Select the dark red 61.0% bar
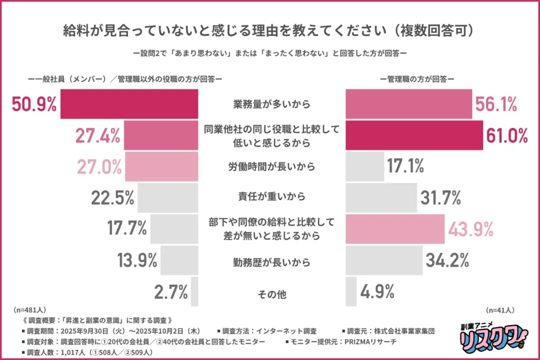pos(413,136)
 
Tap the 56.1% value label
pos(495,104)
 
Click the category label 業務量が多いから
pos(272,104)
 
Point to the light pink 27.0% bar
pos(161,167)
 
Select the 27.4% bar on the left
pos(161,136)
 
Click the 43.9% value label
pos(470,229)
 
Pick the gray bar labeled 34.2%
pos(384,260)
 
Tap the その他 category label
pos(272,294)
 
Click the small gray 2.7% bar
pos(195,291)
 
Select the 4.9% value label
pos(377,291)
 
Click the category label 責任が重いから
pos(272,198)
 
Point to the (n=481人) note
pos(30,310)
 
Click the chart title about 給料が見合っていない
pos(269,30)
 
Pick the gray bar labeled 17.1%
pos(364,167)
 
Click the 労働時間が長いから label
pos(272,167)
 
